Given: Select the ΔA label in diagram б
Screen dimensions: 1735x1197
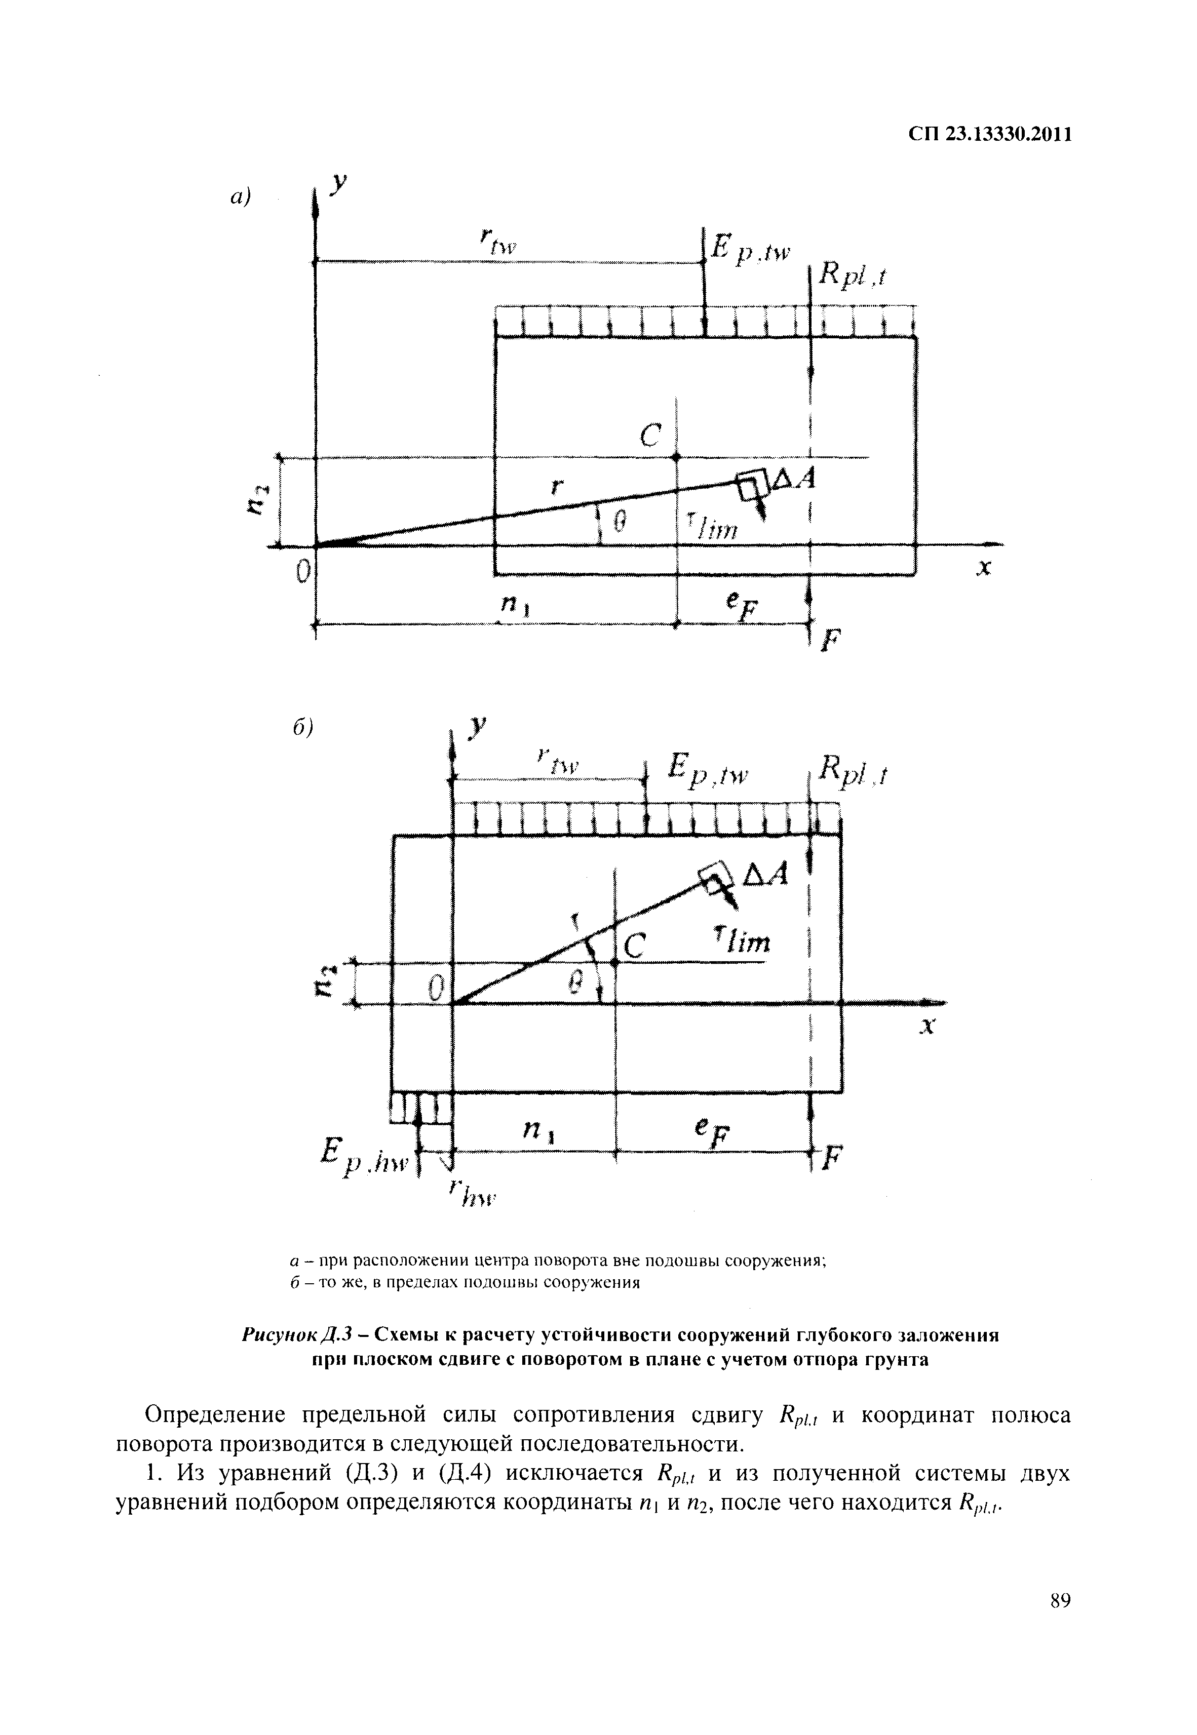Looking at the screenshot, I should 765,874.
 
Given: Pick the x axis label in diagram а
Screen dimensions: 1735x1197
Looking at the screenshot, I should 983,570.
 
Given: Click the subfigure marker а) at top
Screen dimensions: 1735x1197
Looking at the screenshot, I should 239,197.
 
